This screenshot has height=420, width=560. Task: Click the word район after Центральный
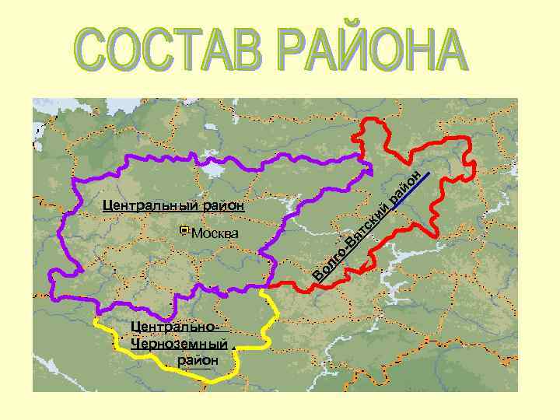[223, 206]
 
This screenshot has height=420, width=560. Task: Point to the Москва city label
[215, 233]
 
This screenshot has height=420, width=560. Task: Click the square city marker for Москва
[183, 230]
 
